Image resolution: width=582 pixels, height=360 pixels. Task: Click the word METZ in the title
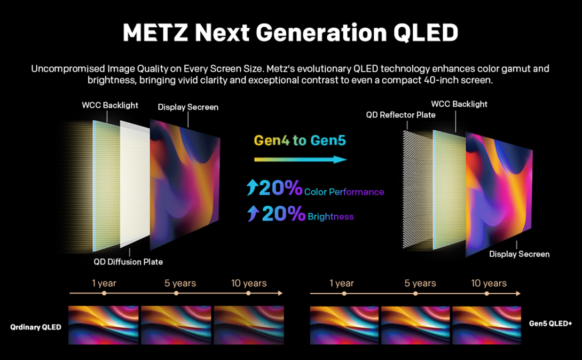[154, 33]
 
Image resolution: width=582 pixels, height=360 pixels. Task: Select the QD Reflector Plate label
[400, 115]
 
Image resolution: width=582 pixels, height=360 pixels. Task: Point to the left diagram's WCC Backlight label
[110, 105]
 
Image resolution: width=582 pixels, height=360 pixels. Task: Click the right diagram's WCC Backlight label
[459, 104]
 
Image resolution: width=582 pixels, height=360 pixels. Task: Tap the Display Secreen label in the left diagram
[188, 107]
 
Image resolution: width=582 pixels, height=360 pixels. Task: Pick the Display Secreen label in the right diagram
[519, 254]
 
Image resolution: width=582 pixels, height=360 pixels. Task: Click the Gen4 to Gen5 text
[300, 141]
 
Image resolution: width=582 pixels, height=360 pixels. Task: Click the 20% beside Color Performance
[281, 189]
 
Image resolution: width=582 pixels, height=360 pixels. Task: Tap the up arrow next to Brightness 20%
[253, 214]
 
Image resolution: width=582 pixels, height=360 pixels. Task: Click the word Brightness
[331, 216]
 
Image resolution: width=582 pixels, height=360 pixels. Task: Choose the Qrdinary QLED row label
[36, 327]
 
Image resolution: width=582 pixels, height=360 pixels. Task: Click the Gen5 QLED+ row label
[550, 323]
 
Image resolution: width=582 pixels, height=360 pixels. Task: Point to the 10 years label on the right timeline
[489, 283]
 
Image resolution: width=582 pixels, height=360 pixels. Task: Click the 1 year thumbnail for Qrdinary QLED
[104, 325]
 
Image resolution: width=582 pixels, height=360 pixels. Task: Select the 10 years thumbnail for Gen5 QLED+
[486, 325]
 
